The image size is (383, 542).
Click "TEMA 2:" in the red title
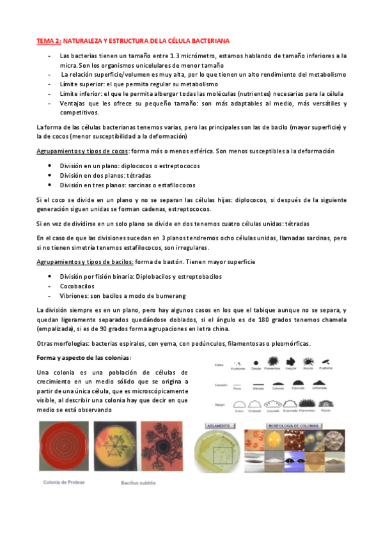click(48, 41)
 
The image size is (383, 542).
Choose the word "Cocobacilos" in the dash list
click(77, 287)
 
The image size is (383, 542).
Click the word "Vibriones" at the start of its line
click(74, 297)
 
